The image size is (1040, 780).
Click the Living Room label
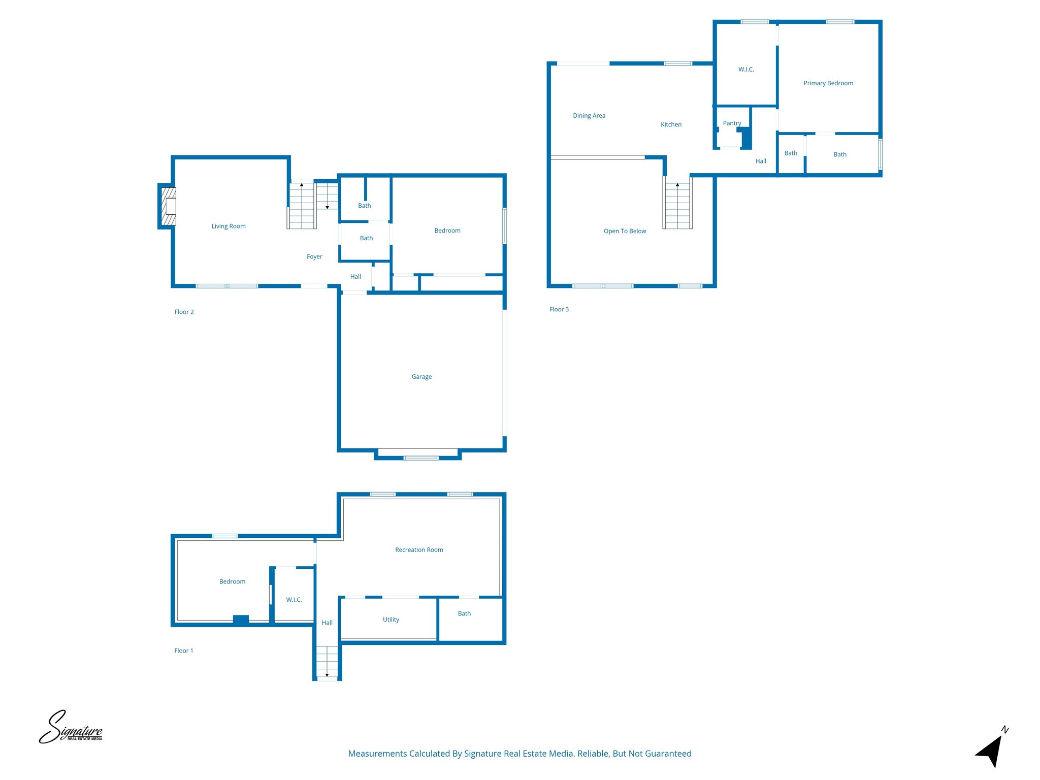229,226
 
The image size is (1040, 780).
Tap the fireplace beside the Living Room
168,206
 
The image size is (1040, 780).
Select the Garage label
421,377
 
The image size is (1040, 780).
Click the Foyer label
314,257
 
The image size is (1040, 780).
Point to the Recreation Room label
419,550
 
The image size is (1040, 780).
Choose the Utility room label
391,620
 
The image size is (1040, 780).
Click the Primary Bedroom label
828,83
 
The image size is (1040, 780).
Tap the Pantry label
732,123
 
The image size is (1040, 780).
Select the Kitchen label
671,125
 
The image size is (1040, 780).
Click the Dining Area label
589,116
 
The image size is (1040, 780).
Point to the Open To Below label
625,232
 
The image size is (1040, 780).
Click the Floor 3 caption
559,310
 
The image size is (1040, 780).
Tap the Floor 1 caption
183,651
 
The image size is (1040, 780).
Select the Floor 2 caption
184,312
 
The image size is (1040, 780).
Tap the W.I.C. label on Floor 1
294,600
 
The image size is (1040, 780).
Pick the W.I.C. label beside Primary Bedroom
746,70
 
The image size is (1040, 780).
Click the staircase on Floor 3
677,205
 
